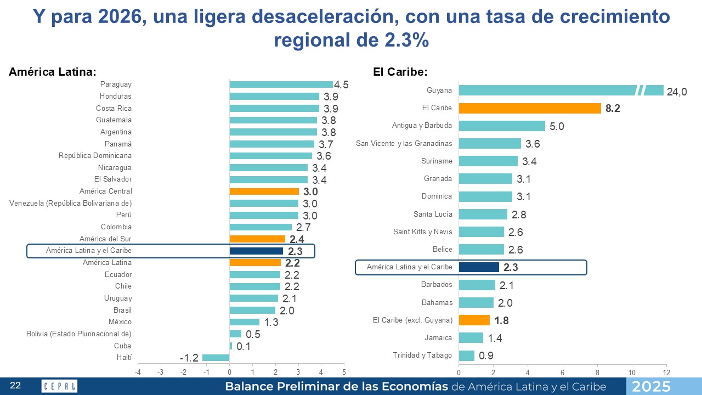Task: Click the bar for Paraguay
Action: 281,84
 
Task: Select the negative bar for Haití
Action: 216,358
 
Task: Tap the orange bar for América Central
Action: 264,191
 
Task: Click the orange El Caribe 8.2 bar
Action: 530,108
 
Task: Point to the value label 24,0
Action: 677,92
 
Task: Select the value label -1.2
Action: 189,358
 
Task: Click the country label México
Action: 120,322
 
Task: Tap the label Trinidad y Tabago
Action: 422,355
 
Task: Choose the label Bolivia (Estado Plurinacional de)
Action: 79,334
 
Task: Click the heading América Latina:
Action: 53,72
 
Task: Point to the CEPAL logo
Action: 59,386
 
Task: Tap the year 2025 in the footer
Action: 650,386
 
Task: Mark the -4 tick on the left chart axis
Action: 138,373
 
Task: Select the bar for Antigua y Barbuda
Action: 502,126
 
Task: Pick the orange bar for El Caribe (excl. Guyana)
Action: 474,320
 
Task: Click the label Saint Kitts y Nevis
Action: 423,232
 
